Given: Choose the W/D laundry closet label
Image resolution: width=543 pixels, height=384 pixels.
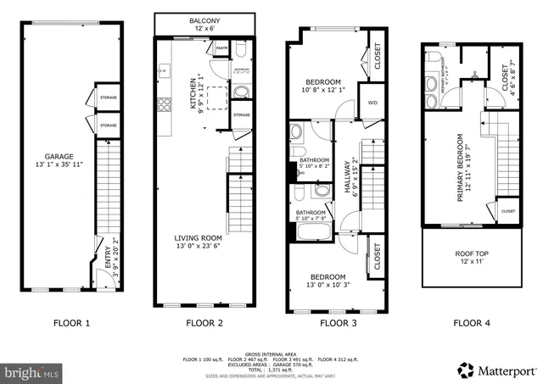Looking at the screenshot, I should pos(372,103).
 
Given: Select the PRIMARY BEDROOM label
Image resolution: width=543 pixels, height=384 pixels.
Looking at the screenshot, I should pos(462,165).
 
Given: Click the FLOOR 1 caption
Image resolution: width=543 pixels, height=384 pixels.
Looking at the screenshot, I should pos(71,323).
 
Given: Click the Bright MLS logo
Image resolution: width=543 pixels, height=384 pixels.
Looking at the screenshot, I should pos(31,371).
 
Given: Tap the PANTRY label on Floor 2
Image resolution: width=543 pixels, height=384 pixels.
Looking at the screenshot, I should pos(221,49).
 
